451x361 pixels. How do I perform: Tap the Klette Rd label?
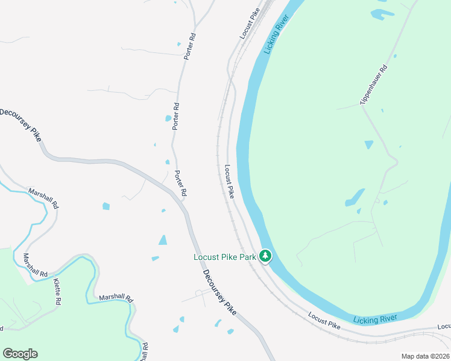click(x=57, y=292)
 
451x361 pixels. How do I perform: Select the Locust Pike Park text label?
click(x=225, y=257)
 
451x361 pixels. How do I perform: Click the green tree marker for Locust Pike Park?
click(x=265, y=256)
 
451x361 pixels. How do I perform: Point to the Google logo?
click(x=20, y=354)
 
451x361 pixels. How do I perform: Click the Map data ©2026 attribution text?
click(x=425, y=356)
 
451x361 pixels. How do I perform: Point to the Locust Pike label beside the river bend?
click(x=229, y=182)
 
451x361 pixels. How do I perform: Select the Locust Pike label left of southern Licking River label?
click(x=324, y=320)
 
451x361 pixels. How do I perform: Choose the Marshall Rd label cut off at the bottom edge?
click(x=145, y=352)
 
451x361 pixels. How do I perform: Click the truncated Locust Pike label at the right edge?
click(x=444, y=327)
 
